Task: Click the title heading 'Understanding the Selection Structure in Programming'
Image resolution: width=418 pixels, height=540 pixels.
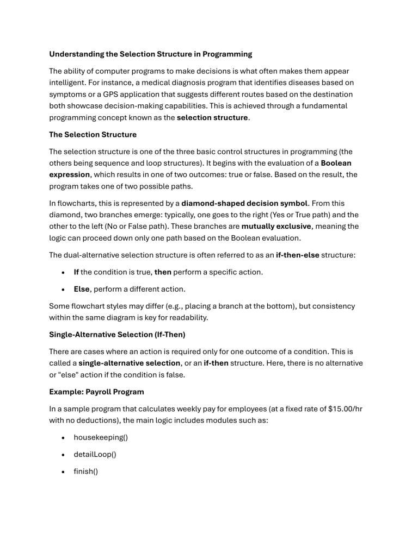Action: coord(150,54)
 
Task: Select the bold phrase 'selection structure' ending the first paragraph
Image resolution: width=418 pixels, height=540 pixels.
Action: coord(212,118)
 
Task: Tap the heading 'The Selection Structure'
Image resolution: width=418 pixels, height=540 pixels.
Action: coord(93,134)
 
